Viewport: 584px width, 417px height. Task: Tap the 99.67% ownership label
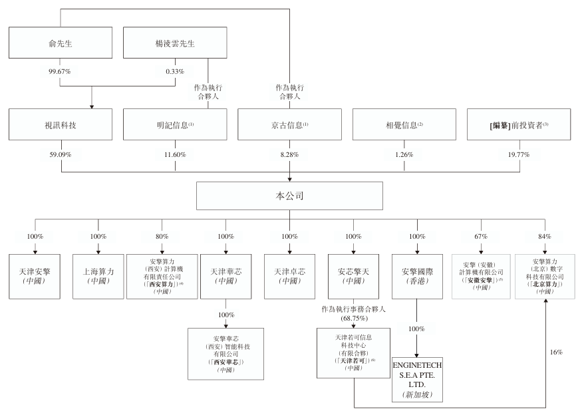(60, 70)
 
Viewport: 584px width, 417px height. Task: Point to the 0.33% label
(176, 70)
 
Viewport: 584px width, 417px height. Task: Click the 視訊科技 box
(60, 124)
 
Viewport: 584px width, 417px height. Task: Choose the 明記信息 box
(176, 124)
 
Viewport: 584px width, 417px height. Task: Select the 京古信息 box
(290, 124)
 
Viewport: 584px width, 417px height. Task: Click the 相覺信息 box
(404, 124)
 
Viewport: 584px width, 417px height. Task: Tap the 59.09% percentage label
(60, 155)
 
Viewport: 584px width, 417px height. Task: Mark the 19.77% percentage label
(519, 155)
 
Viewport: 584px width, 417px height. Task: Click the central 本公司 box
(290, 197)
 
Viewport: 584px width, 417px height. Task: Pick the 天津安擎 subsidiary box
(35, 275)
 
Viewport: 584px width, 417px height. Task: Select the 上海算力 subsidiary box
(98, 275)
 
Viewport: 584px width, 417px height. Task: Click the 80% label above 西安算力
(162, 236)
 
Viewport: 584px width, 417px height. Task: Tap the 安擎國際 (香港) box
(417, 275)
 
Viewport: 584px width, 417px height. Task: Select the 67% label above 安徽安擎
(482, 236)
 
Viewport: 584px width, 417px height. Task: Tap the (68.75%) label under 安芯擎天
(353, 318)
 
